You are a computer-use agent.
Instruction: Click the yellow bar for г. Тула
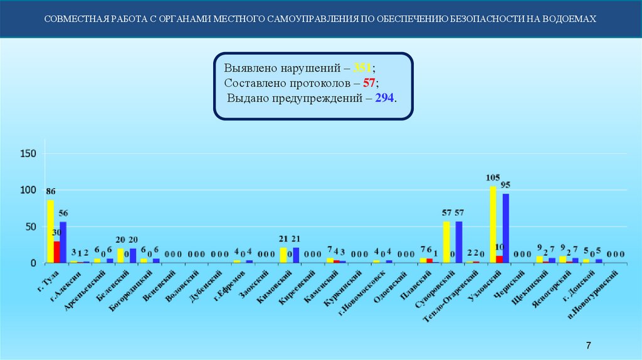click(50, 231)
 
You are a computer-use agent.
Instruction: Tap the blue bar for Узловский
click(505, 228)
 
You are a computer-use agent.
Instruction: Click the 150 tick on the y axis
click(29, 154)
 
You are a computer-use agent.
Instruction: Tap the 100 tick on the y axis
click(29, 190)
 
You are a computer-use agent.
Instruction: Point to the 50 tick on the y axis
click(31, 227)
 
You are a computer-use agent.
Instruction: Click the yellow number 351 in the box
click(363, 68)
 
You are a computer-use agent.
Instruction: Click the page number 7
click(588, 346)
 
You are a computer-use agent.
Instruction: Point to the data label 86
click(51, 191)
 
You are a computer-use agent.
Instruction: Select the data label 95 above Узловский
click(505, 184)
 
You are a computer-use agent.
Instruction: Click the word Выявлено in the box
click(249, 68)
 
